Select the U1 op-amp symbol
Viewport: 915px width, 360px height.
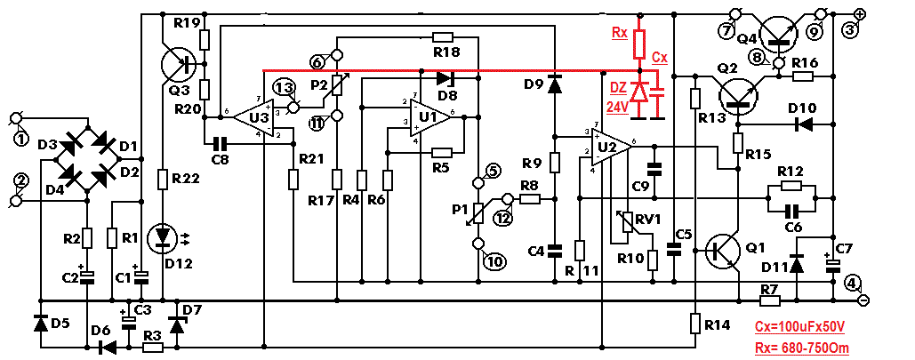pyautogui.click(x=430, y=116)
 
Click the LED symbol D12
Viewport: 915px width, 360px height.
pyautogui.click(x=164, y=238)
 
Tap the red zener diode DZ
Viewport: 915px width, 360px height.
pyautogui.click(x=640, y=92)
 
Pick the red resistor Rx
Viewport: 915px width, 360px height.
pyautogui.click(x=640, y=42)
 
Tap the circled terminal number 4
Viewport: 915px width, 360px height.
pyautogui.click(x=853, y=284)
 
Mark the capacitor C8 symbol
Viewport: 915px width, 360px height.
pyautogui.click(x=220, y=142)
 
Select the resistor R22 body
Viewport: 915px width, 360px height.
pyautogui.click(x=164, y=180)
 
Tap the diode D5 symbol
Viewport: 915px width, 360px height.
pyautogui.click(x=40, y=322)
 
